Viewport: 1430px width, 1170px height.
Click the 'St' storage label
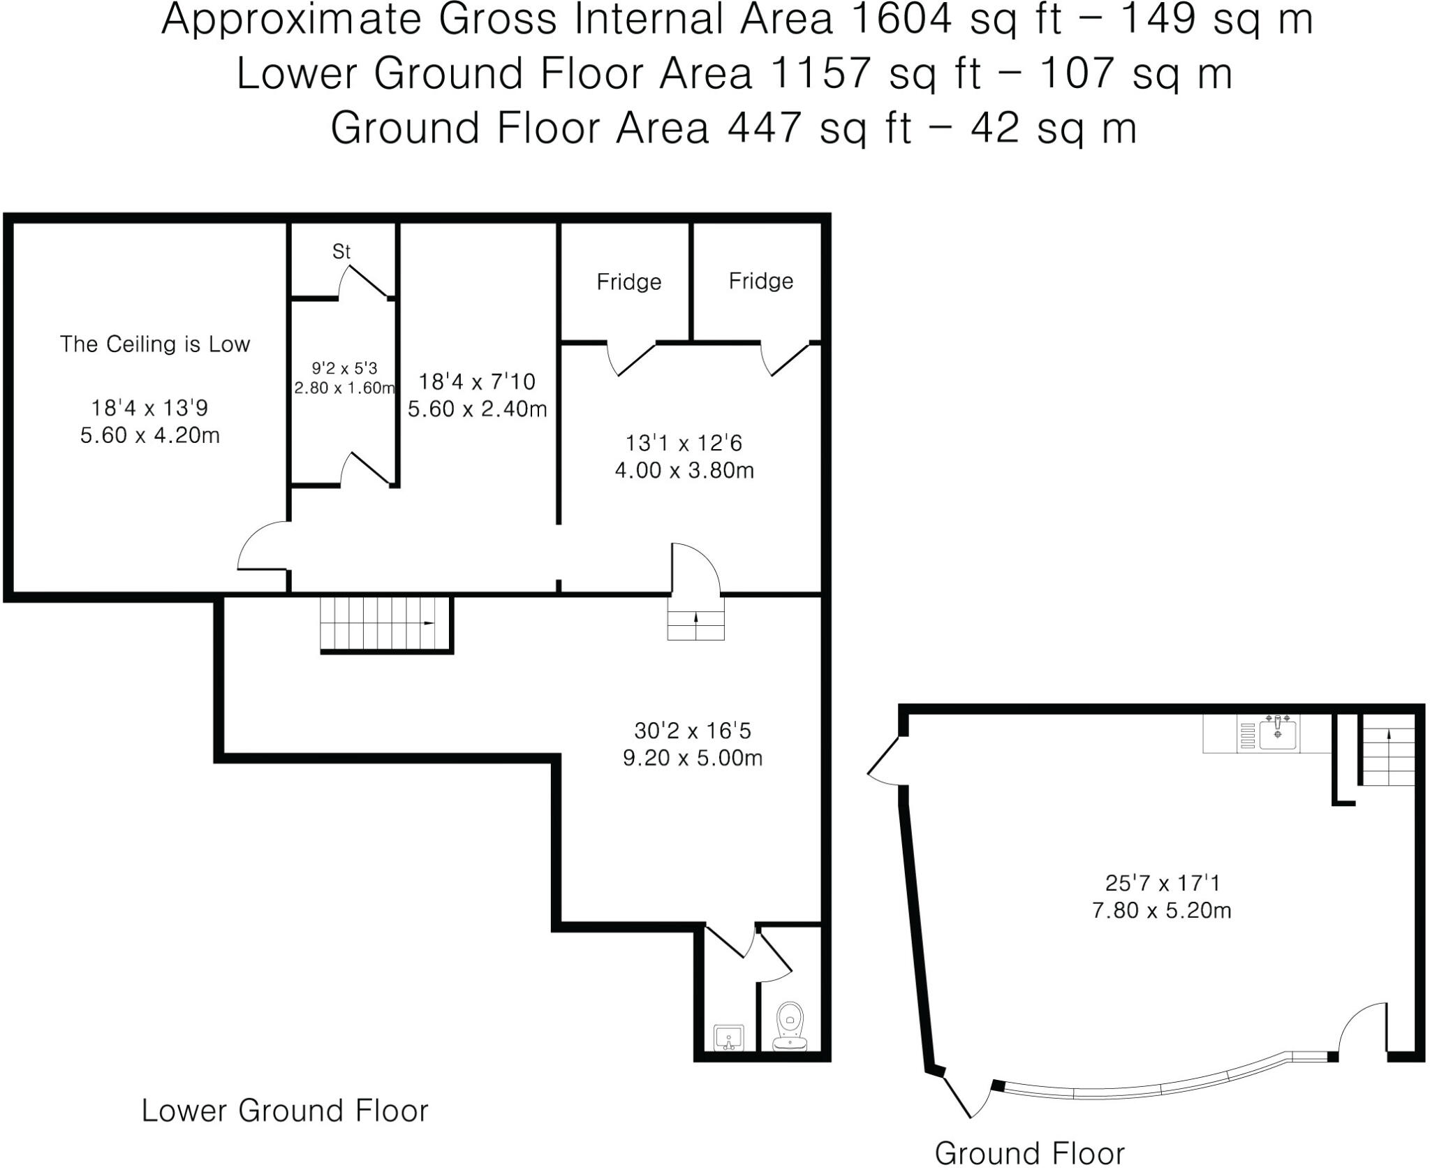pyautogui.click(x=341, y=251)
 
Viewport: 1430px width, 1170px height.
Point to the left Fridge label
pyautogui.click(x=628, y=282)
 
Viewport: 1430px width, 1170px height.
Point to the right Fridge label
pyautogui.click(x=760, y=281)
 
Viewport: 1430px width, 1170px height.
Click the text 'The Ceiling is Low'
pyautogui.click(x=154, y=344)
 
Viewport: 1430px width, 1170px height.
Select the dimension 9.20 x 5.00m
pyautogui.click(x=692, y=758)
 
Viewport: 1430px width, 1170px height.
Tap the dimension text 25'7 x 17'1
pyautogui.click(x=1162, y=884)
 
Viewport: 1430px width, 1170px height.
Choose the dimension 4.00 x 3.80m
pyautogui.click(x=684, y=471)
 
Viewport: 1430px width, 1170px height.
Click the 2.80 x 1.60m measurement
pyautogui.click(x=344, y=388)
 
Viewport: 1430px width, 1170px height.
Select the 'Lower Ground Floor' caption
pyautogui.click(x=285, y=1111)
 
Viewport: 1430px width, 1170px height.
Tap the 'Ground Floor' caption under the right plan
pyautogui.click(x=1029, y=1153)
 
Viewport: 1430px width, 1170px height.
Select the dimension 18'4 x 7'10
pyautogui.click(x=476, y=382)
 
